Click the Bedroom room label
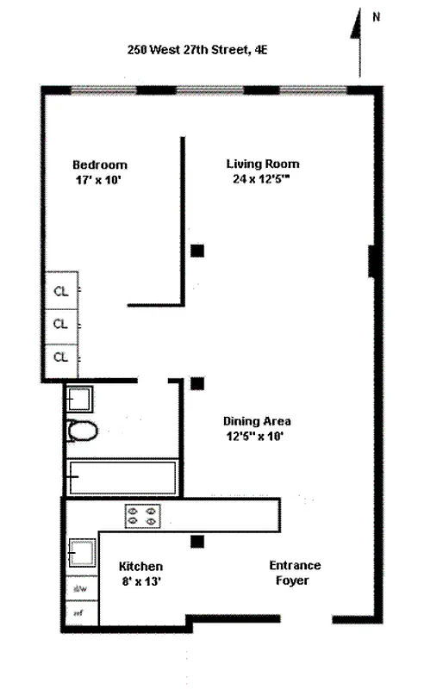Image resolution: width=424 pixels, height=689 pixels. point(99,165)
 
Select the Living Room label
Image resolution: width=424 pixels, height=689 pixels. point(263,164)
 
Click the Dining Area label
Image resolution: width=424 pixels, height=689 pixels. point(257,421)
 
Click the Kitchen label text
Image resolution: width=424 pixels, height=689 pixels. point(141,567)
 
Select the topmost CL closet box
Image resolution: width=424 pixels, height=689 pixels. point(61,290)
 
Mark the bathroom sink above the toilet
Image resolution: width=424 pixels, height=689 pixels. point(79,399)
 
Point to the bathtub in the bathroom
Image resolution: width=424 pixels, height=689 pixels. point(122,477)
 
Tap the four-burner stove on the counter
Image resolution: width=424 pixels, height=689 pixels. point(143,515)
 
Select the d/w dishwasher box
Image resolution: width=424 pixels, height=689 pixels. point(82,589)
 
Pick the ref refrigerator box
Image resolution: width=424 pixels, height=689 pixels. point(82,612)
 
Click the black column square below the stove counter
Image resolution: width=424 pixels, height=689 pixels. point(197,542)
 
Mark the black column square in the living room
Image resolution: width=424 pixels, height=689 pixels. point(197,251)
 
